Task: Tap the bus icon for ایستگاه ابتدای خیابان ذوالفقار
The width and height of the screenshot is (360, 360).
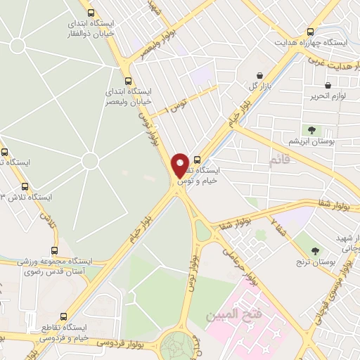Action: pos(90,13)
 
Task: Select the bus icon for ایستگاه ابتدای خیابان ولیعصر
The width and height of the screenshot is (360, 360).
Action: pos(127,81)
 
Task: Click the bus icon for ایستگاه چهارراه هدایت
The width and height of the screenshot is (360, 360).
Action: pos(311,32)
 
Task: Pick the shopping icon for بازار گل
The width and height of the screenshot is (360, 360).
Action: pos(261,75)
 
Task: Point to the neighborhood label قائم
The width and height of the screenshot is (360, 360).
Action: pos(279,162)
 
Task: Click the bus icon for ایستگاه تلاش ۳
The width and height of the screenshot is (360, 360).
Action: pos(25,186)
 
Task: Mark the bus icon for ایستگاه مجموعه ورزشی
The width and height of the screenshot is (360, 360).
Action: pos(55,250)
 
